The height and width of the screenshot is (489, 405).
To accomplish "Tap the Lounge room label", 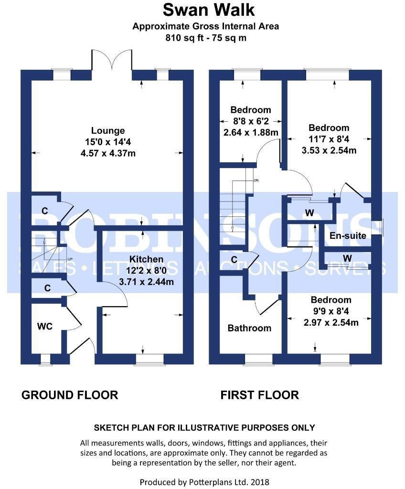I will [x=108, y=130].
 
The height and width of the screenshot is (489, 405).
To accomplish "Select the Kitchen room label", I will [x=146, y=259].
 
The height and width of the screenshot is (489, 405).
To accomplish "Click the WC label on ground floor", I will [x=45, y=326].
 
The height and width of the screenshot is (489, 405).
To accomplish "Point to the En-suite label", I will [x=348, y=235].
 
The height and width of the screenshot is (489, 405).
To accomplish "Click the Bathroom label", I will [x=249, y=328].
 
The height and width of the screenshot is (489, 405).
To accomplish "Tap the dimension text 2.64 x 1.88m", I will [x=251, y=132].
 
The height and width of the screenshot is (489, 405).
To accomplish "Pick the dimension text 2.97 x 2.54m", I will [x=331, y=322].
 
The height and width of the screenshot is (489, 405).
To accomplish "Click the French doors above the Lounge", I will [x=112, y=60].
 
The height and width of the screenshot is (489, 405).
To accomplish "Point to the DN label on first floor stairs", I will [x=256, y=181].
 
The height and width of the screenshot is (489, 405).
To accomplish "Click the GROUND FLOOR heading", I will [x=70, y=395].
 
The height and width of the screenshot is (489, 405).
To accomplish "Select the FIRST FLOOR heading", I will [x=259, y=395].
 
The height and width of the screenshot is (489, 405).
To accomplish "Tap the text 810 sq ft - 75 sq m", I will [x=205, y=38].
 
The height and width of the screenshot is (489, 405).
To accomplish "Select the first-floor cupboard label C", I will [x=234, y=259].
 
